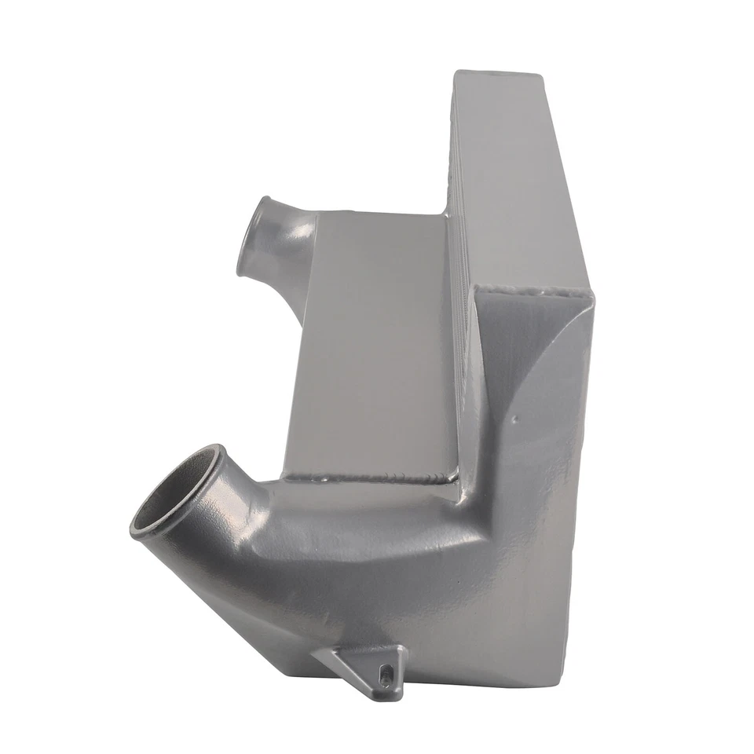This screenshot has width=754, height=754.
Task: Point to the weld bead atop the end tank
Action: (534, 292)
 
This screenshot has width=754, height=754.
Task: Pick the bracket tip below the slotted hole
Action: (390, 691)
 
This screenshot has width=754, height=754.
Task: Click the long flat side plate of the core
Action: (522, 181)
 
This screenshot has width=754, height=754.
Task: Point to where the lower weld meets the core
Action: (456, 479)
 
